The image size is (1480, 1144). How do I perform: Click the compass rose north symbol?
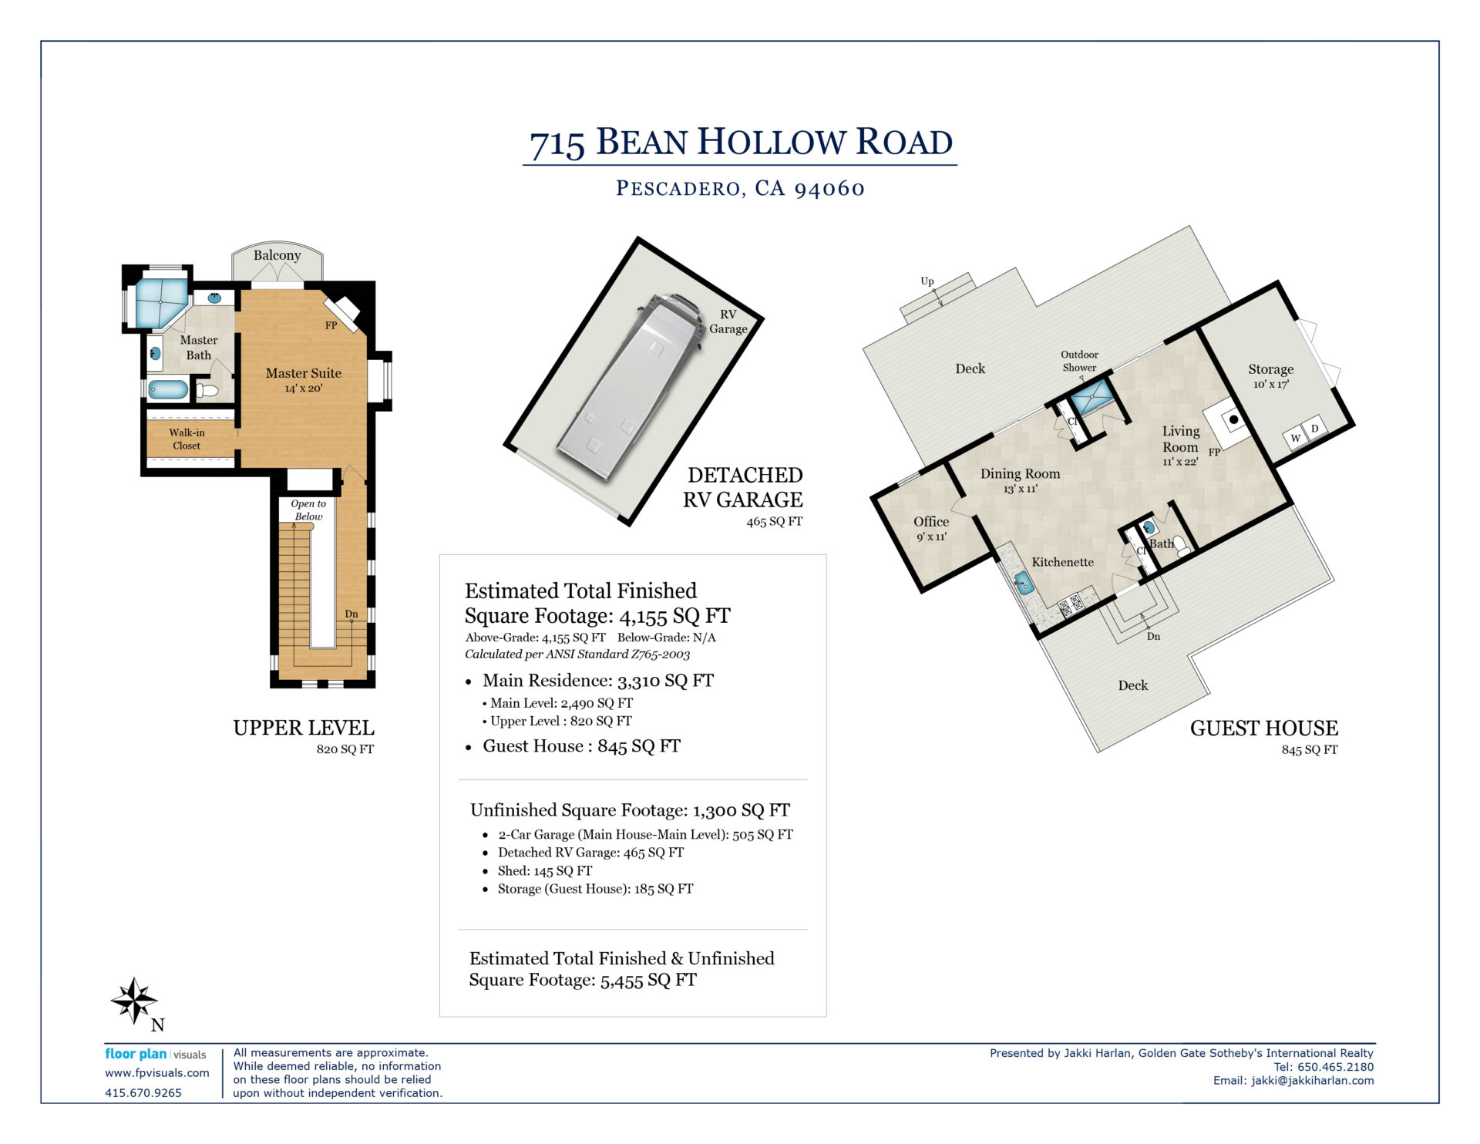point(135,1001)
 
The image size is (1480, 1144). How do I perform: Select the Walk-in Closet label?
point(187,439)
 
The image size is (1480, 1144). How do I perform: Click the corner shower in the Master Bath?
point(162,302)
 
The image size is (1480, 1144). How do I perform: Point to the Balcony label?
point(277,255)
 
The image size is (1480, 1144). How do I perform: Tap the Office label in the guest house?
point(931,522)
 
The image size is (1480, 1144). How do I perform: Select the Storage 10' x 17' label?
point(1271,376)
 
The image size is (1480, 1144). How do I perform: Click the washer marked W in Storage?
point(1296,439)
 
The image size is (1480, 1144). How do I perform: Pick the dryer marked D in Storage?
point(1315,429)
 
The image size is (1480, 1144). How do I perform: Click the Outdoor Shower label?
point(1079,361)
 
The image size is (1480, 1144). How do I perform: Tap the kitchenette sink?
point(1023,584)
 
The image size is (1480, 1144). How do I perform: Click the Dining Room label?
point(1020,474)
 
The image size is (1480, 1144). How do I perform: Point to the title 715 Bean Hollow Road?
point(741,143)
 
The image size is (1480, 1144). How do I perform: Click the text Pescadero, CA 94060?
point(740,188)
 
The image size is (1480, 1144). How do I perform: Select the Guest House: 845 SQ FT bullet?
point(573,746)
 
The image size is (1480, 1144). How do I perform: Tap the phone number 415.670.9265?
point(143,1093)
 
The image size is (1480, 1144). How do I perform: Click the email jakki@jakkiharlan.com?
point(1312,1081)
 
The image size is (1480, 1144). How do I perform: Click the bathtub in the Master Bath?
point(168,389)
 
